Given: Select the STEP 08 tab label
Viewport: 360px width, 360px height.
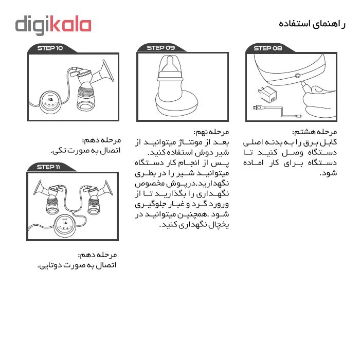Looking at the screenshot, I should tap(268, 48).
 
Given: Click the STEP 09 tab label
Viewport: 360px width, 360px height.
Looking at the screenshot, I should tap(161, 48).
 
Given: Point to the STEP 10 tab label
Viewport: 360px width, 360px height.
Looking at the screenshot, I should tap(50, 48).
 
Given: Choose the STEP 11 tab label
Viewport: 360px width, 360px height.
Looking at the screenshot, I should tap(49, 167).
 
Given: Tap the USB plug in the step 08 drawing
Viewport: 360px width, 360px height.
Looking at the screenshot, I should tap(259, 107).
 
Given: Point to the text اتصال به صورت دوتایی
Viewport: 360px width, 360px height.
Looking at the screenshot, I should tap(77, 265).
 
